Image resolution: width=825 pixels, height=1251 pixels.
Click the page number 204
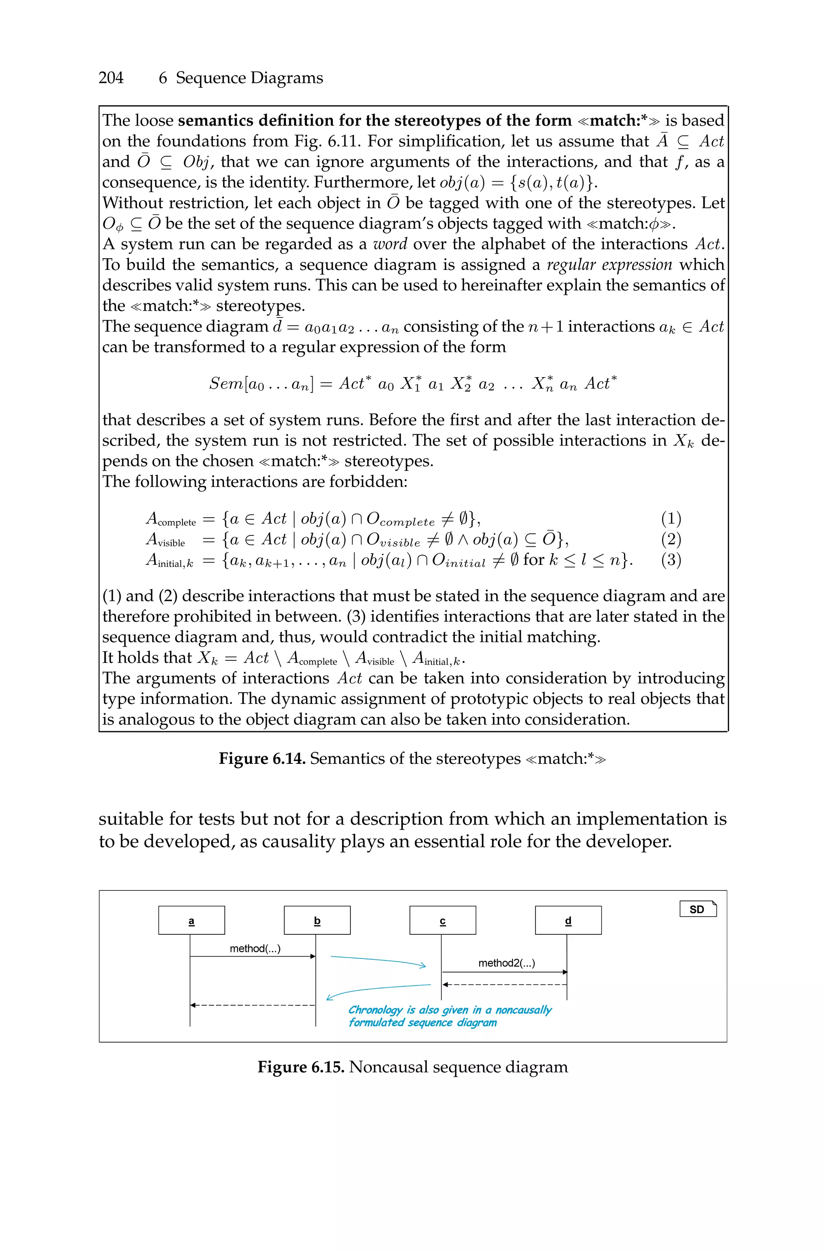[111, 78]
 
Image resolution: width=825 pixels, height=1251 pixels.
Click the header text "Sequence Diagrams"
[249, 78]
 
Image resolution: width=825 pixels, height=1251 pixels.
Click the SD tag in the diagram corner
[698, 909]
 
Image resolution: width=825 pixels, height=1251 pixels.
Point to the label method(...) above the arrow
[255, 948]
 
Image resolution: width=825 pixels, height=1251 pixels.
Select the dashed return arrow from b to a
[253, 1005]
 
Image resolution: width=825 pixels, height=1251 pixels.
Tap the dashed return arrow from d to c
[505, 984]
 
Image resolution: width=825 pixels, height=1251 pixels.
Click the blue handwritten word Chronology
[375, 1010]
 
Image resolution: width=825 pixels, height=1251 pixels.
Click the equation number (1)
[671, 519]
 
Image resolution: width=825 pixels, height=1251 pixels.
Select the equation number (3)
[671, 559]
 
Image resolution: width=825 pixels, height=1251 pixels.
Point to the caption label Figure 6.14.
[262, 759]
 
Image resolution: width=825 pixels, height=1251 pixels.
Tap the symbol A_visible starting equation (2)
[165, 539]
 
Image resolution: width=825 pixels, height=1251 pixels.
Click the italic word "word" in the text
[390, 244]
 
